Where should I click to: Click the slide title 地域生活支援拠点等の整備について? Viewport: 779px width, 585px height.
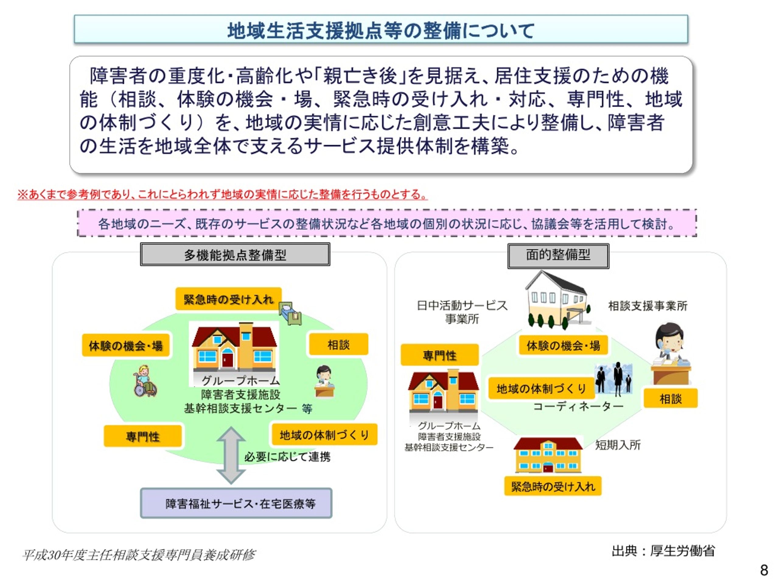click(x=381, y=30)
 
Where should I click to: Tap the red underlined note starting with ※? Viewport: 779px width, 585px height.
click(x=222, y=194)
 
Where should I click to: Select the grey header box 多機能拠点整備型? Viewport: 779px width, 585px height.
click(x=235, y=254)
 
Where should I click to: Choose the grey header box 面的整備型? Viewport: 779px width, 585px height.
click(x=558, y=255)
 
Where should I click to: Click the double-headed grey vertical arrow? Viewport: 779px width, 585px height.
click(x=231, y=455)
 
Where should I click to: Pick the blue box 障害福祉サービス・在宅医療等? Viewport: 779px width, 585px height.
click(x=236, y=503)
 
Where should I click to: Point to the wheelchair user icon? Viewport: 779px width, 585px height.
click(x=145, y=381)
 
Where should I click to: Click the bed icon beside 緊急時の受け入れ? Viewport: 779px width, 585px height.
click(x=291, y=313)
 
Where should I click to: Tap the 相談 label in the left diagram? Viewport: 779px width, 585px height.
click(x=338, y=344)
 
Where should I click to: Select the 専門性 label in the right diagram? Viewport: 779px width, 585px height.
click(x=439, y=355)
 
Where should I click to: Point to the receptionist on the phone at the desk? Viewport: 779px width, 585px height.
click(x=670, y=354)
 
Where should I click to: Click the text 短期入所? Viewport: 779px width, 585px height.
click(x=618, y=445)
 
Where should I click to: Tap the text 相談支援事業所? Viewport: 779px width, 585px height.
click(x=648, y=306)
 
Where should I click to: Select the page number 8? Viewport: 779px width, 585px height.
click(x=764, y=570)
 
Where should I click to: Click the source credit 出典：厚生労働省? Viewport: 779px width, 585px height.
click(x=663, y=551)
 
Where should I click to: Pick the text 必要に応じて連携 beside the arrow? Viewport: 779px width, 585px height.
click(x=287, y=457)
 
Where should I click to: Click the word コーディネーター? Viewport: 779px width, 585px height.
click(x=578, y=406)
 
